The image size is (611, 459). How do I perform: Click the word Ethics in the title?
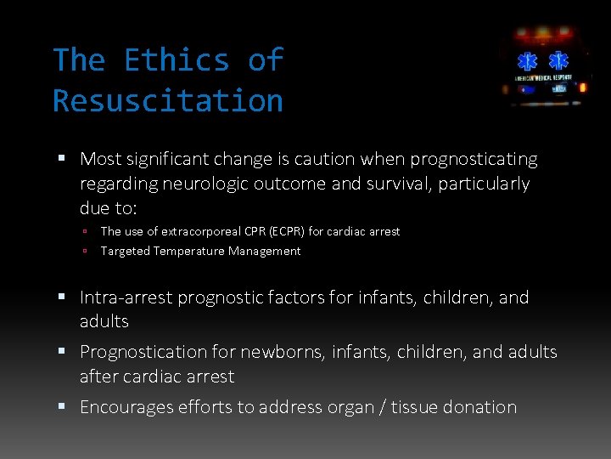177,60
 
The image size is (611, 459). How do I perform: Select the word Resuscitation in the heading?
168,101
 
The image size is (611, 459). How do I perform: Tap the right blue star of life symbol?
558,62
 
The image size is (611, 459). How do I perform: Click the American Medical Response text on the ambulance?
544,77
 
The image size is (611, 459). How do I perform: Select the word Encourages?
126,407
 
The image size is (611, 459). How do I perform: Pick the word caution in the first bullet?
326,159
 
